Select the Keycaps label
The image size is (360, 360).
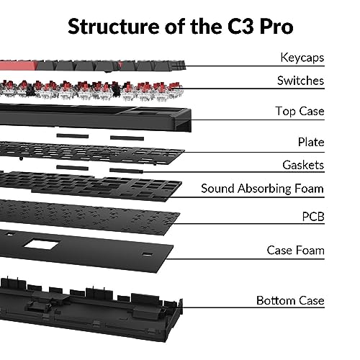point(302,58)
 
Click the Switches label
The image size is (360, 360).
point(301,81)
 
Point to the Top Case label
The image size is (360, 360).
point(300,112)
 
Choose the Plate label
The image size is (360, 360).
point(311,142)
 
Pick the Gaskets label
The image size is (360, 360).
point(303,165)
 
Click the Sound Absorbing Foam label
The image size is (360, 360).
point(263,189)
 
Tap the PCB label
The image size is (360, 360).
point(313,217)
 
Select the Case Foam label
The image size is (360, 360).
point(296,251)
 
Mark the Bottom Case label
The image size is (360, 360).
point(290,300)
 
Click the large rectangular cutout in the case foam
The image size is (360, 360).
point(41,244)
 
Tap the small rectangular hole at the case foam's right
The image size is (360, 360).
point(147,254)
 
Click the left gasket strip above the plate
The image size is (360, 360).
point(73,136)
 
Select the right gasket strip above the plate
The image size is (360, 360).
point(127,138)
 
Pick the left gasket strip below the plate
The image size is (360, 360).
point(72,168)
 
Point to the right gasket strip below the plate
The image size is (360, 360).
point(127,171)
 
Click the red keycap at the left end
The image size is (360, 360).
point(18,66)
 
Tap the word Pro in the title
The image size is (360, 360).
point(276,27)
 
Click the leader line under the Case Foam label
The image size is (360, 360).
point(245,259)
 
